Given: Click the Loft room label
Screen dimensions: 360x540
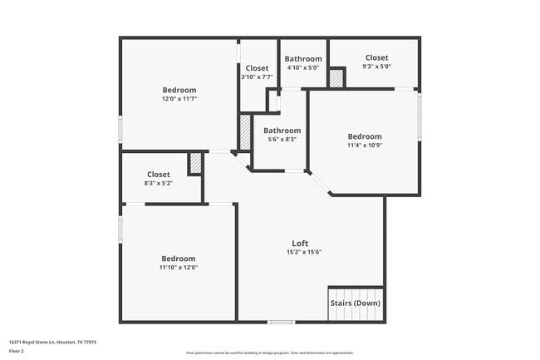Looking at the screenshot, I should (300, 243).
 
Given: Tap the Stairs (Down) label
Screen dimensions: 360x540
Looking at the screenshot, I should (355, 303).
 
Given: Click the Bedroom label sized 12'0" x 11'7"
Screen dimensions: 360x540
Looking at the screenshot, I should (179, 90).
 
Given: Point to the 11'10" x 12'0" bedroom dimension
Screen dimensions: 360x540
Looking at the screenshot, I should (179, 267).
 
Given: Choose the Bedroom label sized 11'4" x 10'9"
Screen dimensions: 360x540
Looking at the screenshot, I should (365, 136).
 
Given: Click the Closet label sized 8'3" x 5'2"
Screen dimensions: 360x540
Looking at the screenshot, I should (159, 175).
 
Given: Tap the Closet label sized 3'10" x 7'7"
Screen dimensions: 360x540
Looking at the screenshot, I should (257, 68).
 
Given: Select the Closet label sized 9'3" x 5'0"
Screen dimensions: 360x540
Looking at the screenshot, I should (376, 57).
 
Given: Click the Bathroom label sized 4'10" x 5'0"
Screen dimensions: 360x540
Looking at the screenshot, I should (303, 59).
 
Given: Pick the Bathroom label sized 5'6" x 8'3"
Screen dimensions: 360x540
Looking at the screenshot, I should (282, 131).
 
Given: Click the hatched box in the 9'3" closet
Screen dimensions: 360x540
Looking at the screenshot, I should (336, 78).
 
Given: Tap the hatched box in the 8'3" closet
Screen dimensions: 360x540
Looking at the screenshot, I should (195, 163).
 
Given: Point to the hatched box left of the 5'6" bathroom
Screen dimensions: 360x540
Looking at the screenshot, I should (245, 132).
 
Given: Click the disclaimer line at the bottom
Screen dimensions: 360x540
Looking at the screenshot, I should (269, 353).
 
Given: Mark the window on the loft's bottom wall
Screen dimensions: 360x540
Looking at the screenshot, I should (281, 322).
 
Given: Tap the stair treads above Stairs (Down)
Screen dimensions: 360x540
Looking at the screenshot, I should (356, 293).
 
